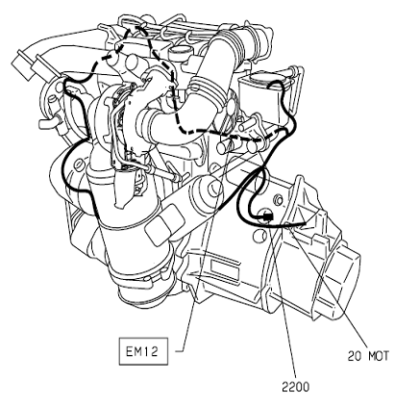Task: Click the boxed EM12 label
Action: [x=143, y=351]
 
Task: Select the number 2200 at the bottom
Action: [x=296, y=387]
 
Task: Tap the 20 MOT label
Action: [x=368, y=356]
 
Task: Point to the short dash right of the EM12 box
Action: [x=180, y=350]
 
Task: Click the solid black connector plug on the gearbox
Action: [x=267, y=217]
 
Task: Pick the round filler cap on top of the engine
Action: [x=179, y=51]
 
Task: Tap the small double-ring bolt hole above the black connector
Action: [x=279, y=200]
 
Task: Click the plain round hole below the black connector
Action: [x=259, y=236]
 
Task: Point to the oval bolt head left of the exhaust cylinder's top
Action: [x=79, y=165]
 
